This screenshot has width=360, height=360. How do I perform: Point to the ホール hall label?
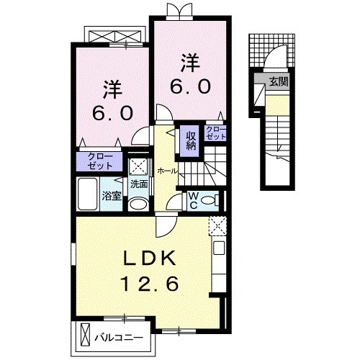click(166, 171)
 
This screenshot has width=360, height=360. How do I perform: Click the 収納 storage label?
click(191, 138)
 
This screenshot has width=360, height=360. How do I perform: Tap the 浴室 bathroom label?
click(111, 196)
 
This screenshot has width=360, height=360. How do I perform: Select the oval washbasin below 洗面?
click(139, 203)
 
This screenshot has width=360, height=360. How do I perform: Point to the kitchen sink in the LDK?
click(218, 251)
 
